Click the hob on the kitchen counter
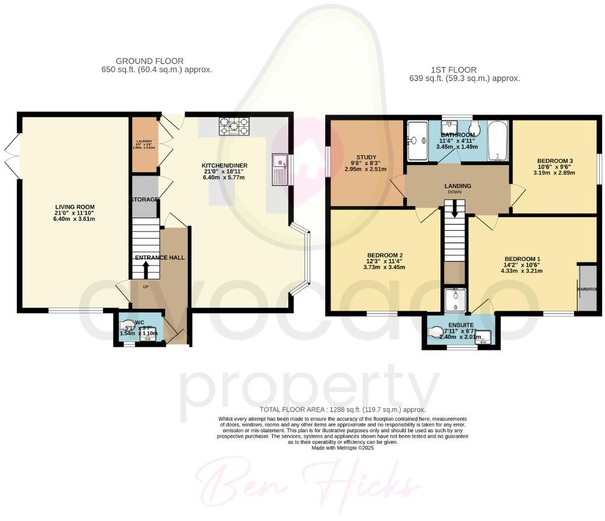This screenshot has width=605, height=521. [233, 127]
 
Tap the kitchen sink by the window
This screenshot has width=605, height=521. [280, 169]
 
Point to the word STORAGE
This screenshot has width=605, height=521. [144, 199]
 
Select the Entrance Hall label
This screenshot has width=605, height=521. [159, 257]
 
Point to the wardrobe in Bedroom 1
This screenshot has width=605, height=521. [587, 288]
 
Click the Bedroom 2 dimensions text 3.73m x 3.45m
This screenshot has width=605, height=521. [385, 267]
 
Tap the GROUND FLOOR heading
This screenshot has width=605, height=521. [150, 60]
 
